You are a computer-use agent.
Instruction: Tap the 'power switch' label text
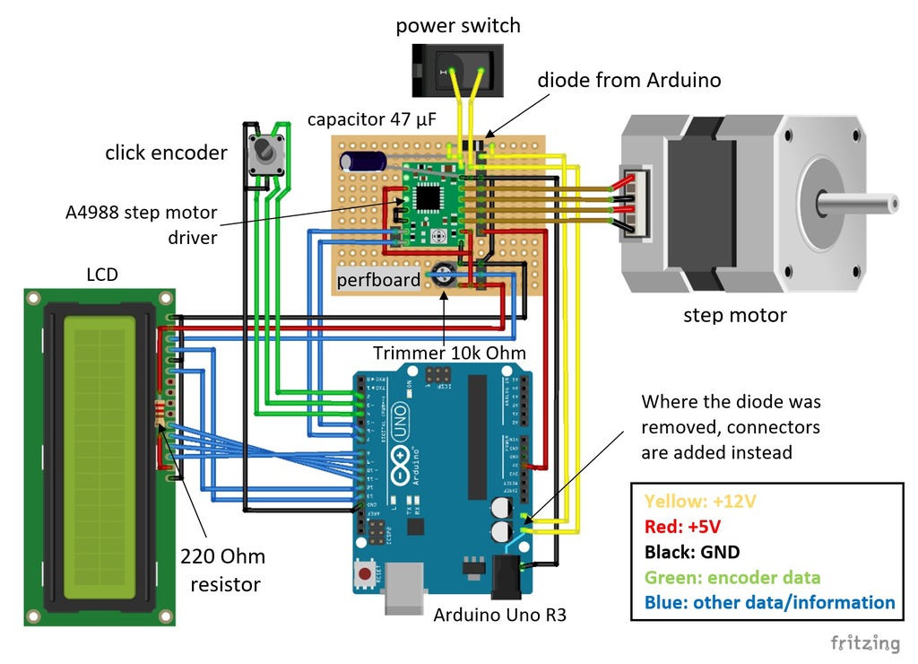pyautogui.click(x=458, y=26)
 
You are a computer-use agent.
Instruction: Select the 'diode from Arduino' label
pyautogui.click(x=628, y=80)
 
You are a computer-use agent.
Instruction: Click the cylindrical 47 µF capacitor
pyautogui.click(x=363, y=162)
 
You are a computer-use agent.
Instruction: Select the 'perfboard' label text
pyautogui.click(x=378, y=280)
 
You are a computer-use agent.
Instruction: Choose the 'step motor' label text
pyautogui.click(x=734, y=315)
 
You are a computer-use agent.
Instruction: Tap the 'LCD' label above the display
pyautogui.click(x=101, y=275)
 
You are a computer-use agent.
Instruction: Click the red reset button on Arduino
pyautogui.click(x=365, y=572)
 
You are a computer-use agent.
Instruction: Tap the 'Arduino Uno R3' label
pyautogui.click(x=499, y=616)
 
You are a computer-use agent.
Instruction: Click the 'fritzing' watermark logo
pyautogui.click(x=864, y=642)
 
